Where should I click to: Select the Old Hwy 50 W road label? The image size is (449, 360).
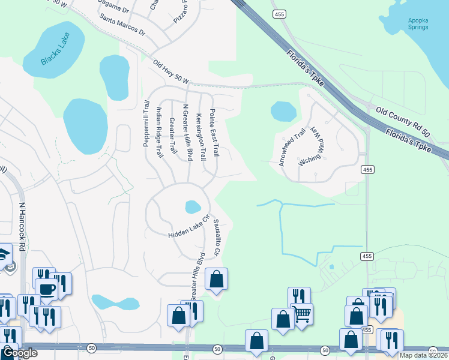pos(171,72)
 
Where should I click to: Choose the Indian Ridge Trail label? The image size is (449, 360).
pos(159,133)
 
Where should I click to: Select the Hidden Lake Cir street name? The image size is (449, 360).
pos(188,227)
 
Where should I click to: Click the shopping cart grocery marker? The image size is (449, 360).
pos(301,312)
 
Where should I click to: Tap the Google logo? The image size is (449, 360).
pos(19,353)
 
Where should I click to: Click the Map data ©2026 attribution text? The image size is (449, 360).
pos(424,355)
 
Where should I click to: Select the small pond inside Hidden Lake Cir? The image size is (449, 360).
pos(193,207)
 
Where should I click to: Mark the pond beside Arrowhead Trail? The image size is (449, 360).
pos(283,111)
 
